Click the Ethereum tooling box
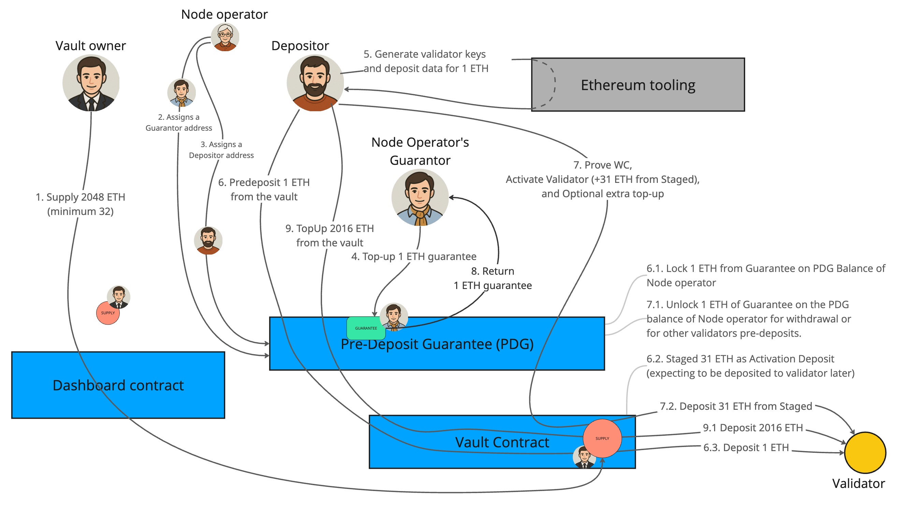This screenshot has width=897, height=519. point(638,85)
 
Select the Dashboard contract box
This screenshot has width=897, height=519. point(118,385)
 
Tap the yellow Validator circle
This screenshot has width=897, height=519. point(865,452)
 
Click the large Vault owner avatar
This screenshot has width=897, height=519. point(91,83)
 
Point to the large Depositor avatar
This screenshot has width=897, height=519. point(315,83)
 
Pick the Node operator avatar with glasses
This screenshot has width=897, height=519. point(225,37)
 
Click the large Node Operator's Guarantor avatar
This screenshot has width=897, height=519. point(420,197)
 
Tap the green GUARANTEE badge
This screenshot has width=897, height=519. point(366,328)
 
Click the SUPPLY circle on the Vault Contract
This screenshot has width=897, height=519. point(602,438)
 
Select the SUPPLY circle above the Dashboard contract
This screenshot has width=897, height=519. point(108,313)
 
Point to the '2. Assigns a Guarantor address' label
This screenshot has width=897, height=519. point(179,122)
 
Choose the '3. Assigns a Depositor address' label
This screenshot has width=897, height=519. point(221,150)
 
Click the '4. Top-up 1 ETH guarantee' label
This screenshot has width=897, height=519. point(414,257)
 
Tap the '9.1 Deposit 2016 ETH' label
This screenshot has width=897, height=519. point(752,428)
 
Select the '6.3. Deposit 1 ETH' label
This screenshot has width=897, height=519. point(746,447)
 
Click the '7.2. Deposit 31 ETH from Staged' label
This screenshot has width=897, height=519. point(736,406)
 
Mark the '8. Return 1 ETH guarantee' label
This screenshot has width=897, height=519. point(493,278)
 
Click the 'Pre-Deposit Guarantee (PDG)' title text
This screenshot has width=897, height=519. point(437,344)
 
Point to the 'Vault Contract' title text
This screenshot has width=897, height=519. point(502,443)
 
